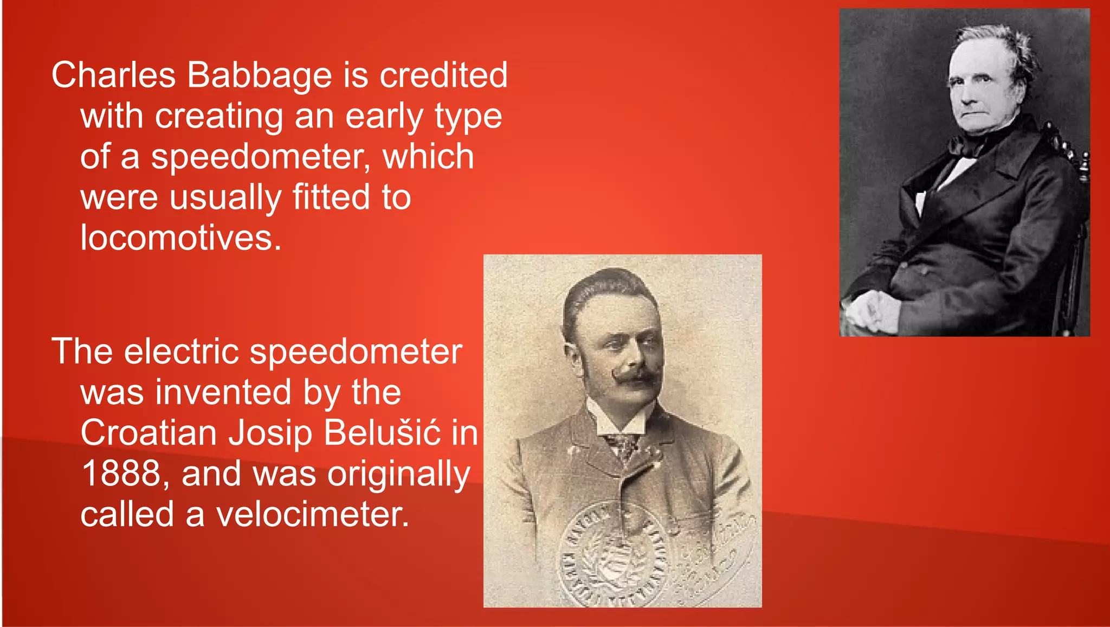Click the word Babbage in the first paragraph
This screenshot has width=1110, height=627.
pos(259,76)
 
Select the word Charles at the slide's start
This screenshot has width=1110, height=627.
pos(113,75)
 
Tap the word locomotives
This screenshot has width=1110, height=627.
pos(181,238)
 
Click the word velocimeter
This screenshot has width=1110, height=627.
pos(312,514)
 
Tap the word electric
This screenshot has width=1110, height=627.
pos(182,351)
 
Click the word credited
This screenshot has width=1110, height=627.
pos(443,75)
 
